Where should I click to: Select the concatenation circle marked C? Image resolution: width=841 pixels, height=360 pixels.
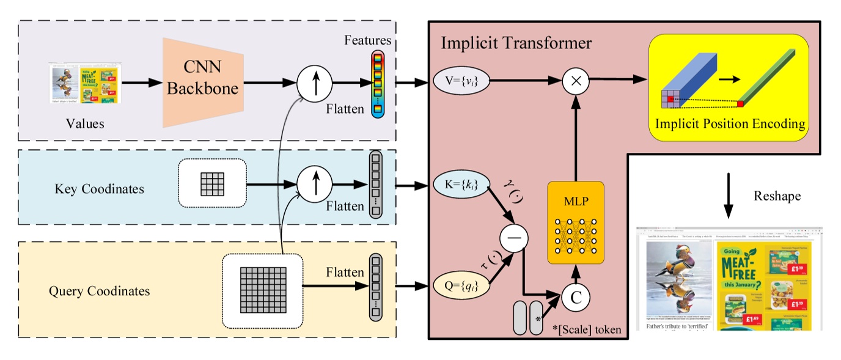(x=575, y=298)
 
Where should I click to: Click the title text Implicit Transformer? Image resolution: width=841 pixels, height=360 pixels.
(x=516, y=43)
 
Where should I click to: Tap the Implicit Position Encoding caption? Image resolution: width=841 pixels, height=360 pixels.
(x=730, y=123)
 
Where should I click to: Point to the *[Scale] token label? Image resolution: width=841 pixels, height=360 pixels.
(x=587, y=329)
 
